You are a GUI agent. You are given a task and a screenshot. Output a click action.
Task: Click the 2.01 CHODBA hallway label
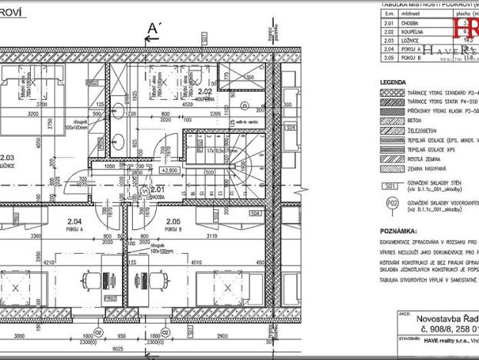[x=158, y=188]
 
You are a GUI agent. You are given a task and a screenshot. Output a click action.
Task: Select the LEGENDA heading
[x=394, y=82]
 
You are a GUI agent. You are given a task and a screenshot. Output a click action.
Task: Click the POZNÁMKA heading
[x=398, y=230]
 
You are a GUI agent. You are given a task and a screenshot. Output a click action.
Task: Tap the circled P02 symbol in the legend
[x=392, y=205]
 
